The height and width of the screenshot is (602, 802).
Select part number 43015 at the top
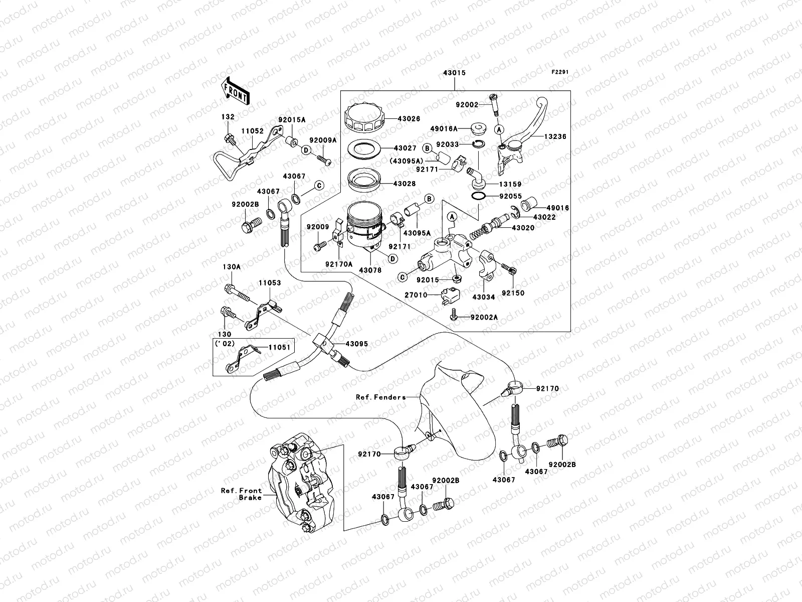pos(454,73)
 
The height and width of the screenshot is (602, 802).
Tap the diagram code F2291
pos(561,72)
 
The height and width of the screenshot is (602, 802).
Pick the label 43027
pos(405,148)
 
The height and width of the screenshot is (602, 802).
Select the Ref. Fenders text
pos(381,397)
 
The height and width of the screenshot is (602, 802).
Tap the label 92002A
pos(484,318)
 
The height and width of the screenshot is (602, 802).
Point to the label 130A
pos(232,267)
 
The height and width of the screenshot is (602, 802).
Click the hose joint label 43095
pos(356,344)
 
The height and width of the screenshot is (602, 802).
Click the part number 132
pos(228,117)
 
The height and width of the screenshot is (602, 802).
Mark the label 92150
pos(513,293)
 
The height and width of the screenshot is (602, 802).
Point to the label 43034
pos(484,297)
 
